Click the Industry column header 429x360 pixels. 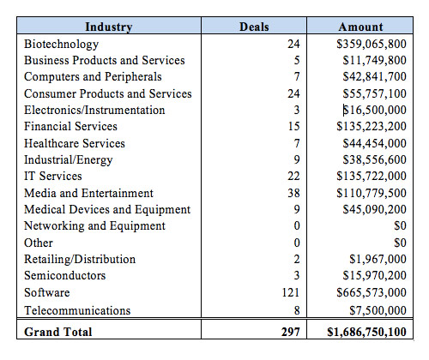[109, 27]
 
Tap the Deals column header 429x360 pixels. [254, 27]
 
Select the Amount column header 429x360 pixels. [360, 27]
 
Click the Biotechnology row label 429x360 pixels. [62, 45]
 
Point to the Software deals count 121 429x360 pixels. [291, 292]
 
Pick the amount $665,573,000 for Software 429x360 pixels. [372, 292]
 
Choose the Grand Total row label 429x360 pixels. [58, 332]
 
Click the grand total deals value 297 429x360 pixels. [291, 332]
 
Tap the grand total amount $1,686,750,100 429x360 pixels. [366, 332]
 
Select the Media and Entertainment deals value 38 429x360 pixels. [293, 193]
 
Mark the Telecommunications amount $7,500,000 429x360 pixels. [378, 310]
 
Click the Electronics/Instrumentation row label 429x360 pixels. [94, 110]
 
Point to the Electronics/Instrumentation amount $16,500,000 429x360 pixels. [375, 110]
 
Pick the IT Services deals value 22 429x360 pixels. [293, 176]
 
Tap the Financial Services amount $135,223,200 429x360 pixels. [372, 126]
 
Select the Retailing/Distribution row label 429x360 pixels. [80, 259]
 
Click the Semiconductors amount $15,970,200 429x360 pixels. [375, 275]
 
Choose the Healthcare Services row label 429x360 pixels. [75, 143]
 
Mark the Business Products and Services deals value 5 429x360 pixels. [297, 60]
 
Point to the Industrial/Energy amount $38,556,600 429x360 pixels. [375, 159]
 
